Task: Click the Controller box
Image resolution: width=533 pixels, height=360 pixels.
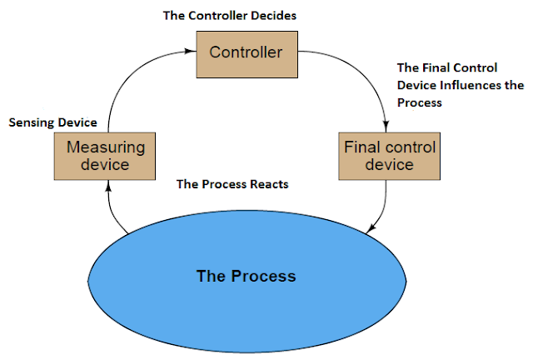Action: pyautogui.click(x=247, y=54)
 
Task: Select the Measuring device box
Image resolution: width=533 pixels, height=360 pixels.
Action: pyautogui.click(x=105, y=156)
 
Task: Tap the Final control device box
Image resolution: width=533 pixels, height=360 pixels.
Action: pyautogui.click(x=390, y=156)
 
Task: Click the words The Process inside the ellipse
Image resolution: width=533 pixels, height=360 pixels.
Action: pyautogui.click(x=247, y=276)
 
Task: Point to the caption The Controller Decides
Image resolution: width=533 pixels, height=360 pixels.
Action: pyautogui.click(x=230, y=16)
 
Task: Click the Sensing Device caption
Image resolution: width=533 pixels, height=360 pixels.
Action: pyautogui.click(x=53, y=122)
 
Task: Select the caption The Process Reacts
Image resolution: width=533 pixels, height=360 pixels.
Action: pyautogui.click(x=232, y=184)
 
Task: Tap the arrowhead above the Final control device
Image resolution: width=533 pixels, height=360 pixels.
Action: pyautogui.click(x=386, y=126)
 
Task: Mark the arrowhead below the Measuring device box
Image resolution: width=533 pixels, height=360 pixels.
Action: pyautogui.click(x=108, y=186)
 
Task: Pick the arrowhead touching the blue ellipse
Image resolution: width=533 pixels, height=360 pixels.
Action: pyautogui.click(x=371, y=228)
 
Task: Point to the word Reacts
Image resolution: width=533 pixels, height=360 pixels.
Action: pyautogui.click(x=269, y=184)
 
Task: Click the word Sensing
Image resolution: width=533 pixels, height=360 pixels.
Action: pyautogui.click(x=32, y=123)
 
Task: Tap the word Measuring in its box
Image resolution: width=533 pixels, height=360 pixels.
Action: pyautogui.click(x=106, y=147)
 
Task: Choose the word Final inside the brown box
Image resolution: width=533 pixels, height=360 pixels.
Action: pyautogui.click(x=361, y=147)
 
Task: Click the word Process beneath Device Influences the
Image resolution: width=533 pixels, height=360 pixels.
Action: pyautogui.click(x=420, y=102)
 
